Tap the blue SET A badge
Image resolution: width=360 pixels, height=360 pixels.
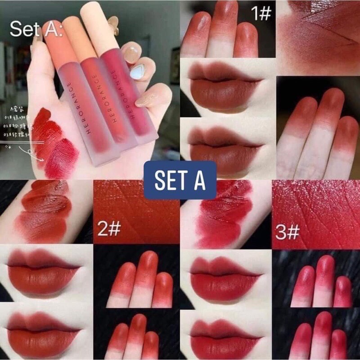pyautogui.click(x=180, y=180)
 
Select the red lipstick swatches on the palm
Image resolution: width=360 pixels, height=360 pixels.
pyautogui.click(x=54, y=139)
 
